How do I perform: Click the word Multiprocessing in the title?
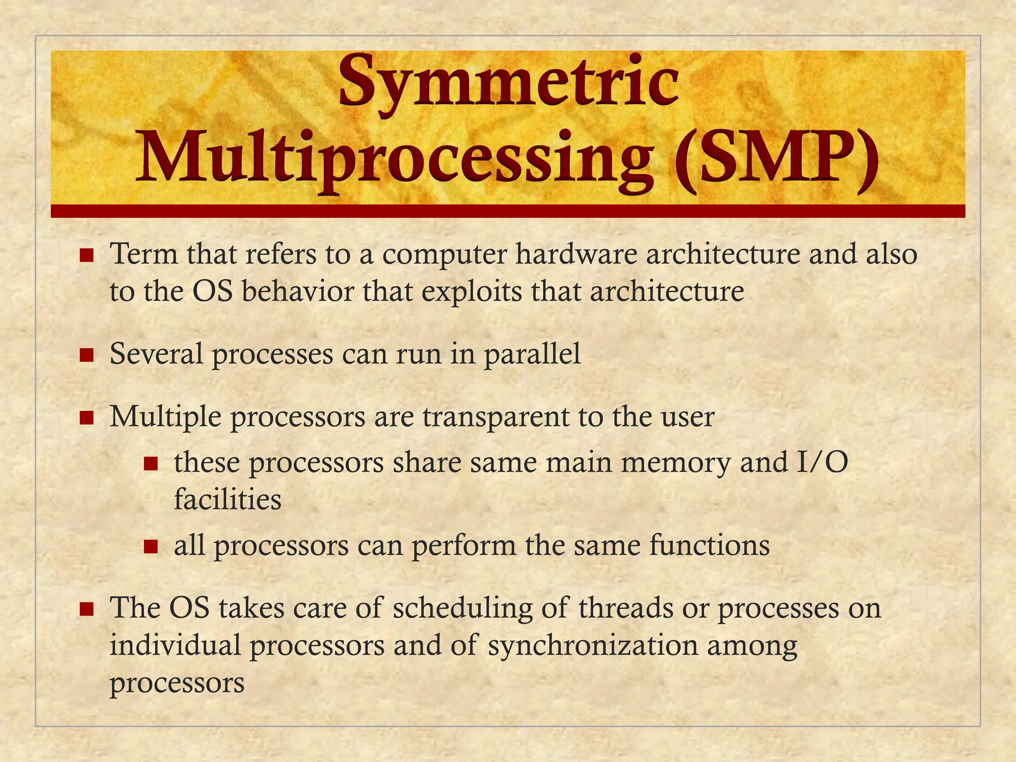(x=394, y=158)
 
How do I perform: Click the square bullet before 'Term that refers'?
(x=87, y=256)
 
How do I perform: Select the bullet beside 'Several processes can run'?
(x=87, y=356)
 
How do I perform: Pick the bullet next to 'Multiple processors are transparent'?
(x=87, y=418)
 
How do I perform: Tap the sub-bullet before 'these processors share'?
(x=151, y=464)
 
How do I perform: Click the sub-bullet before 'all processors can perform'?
(x=151, y=547)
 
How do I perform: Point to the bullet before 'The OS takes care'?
(x=87, y=609)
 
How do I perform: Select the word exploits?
(x=472, y=292)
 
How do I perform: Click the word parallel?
(x=532, y=355)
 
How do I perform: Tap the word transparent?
(x=496, y=417)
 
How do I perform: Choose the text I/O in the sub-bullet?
(x=822, y=462)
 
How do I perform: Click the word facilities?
(x=228, y=500)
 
